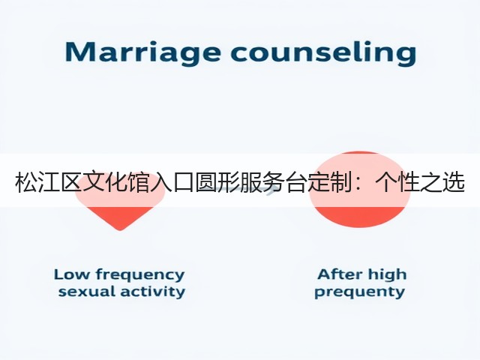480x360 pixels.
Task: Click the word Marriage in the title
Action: click(x=142, y=52)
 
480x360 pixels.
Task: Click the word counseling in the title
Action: click(x=324, y=52)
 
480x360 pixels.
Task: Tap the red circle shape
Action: click(x=360, y=189)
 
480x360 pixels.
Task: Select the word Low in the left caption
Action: click(x=71, y=274)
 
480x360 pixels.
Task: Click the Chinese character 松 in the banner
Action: click(x=26, y=183)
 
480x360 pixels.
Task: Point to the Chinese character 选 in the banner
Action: click(x=454, y=183)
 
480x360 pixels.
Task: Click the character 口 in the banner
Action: click(x=184, y=183)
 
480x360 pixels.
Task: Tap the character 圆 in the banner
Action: click(x=207, y=183)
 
